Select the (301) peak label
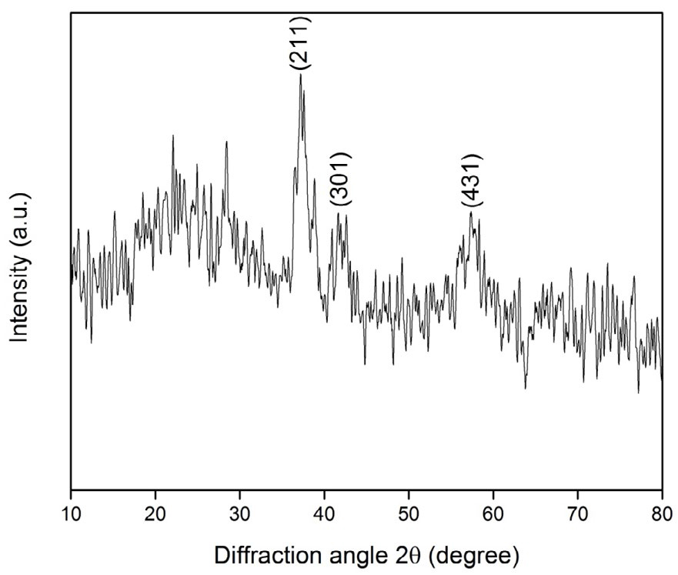coord(340,179)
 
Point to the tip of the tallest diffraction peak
coord(300,75)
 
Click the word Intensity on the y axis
coord(20,293)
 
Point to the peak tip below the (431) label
coord(470,212)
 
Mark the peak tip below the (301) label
coord(338,212)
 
